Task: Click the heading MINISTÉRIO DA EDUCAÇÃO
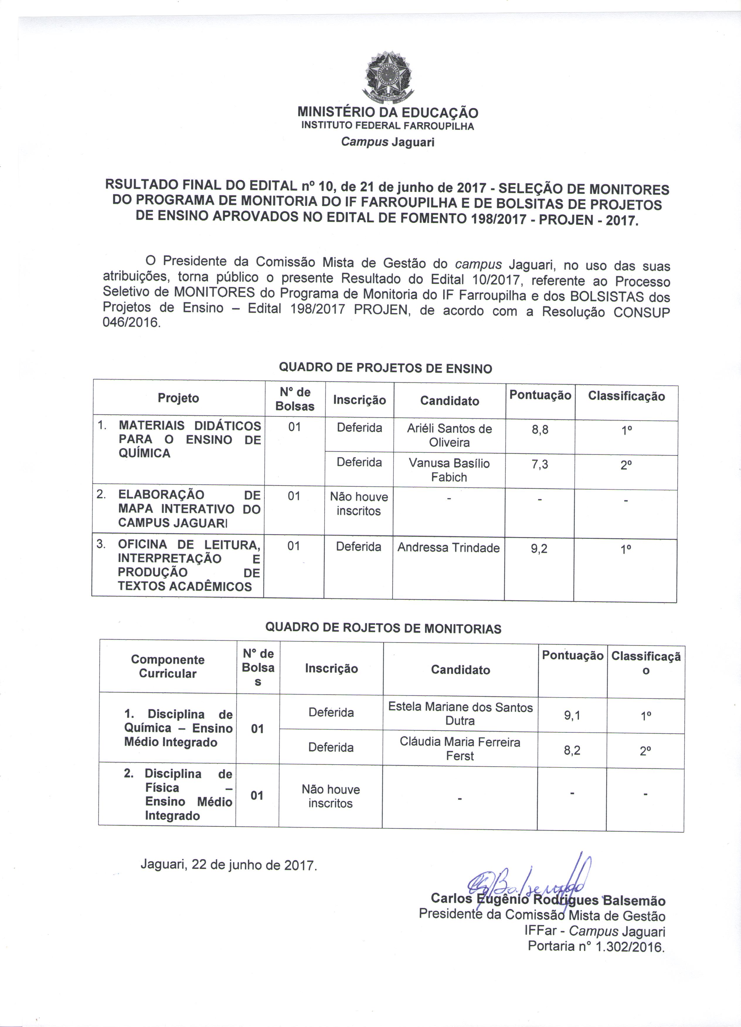(388, 112)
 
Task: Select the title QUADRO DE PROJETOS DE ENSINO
(385, 368)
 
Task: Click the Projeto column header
(179, 398)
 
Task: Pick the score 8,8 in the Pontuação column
(540, 430)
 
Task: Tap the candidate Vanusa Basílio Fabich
(449, 470)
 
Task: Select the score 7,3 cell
(540, 464)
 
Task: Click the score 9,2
(539, 549)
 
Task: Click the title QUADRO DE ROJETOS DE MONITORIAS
(383, 628)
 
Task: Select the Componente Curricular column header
(168, 667)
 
